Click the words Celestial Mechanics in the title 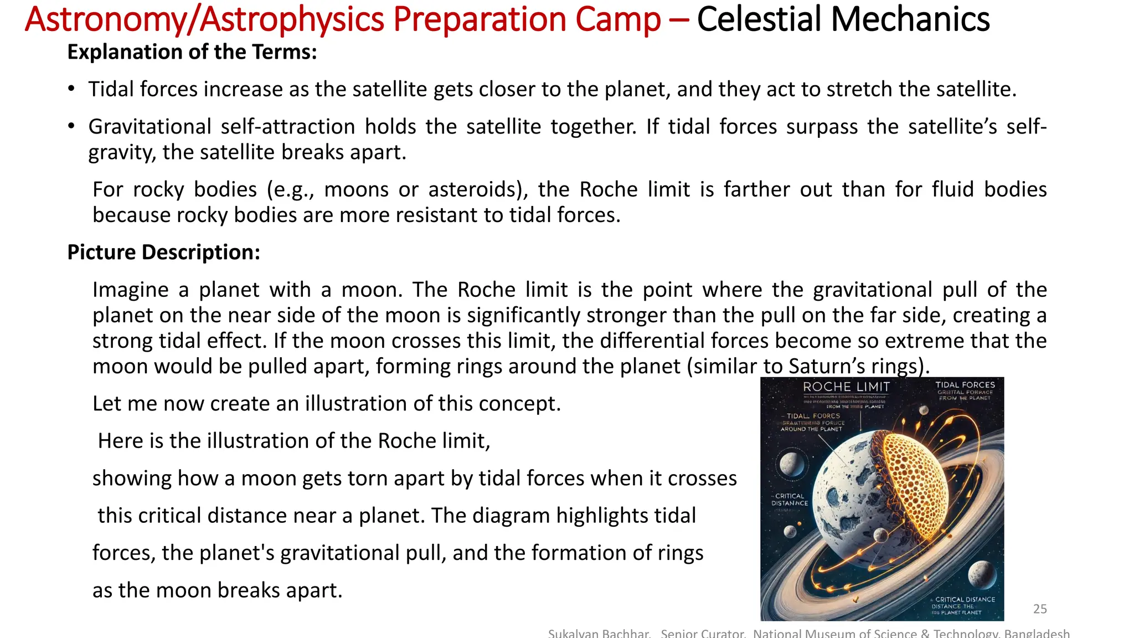tap(843, 20)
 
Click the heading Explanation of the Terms tap(192, 52)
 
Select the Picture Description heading tap(163, 253)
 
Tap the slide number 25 tap(1040, 609)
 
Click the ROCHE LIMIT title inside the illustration tap(846, 387)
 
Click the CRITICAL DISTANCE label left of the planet tap(790, 500)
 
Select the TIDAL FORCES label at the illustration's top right tap(965, 385)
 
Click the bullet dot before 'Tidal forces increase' tap(71, 89)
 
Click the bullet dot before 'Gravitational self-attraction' tap(71, 127)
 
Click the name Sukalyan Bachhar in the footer tap(599, 634)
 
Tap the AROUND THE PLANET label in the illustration tap(811, 429)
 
